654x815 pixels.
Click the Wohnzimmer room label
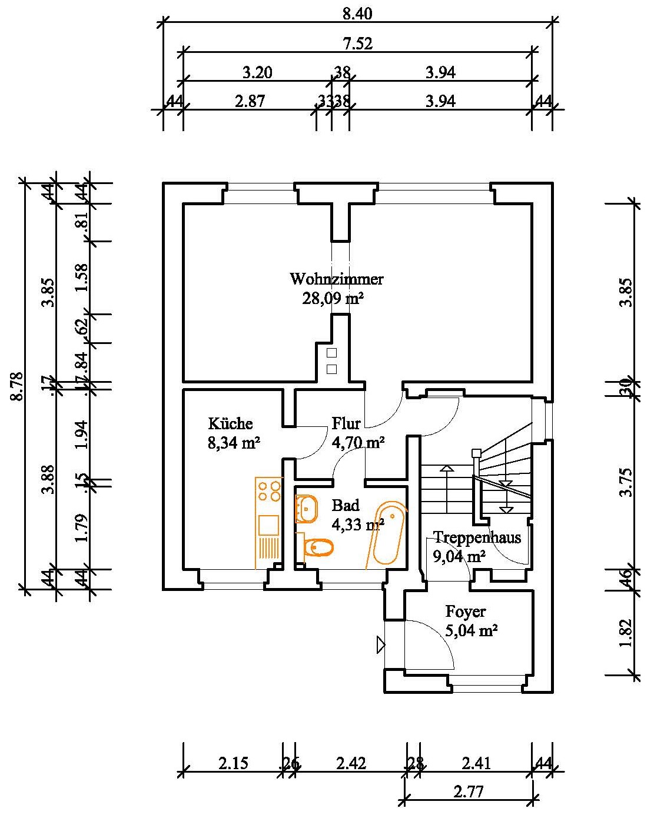pos(336,279)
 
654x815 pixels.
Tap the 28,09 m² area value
pos(333,299)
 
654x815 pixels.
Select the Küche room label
pos(230,423)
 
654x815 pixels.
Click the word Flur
pos(346,423)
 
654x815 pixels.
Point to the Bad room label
pos(345,506)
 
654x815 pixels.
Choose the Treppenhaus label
pos(477,537)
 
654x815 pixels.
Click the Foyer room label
pos(466,612)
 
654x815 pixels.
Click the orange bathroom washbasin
pos(306,509)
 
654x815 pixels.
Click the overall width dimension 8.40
pos(357,14)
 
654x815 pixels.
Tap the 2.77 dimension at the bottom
pos(469,791)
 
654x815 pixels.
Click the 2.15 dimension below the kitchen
pos(234,763)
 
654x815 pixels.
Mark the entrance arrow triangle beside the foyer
pos(380,645)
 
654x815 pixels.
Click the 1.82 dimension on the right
pos(627,633)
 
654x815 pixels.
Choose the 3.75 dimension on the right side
pos(627,482)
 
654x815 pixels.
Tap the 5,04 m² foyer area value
pos(472,632)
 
